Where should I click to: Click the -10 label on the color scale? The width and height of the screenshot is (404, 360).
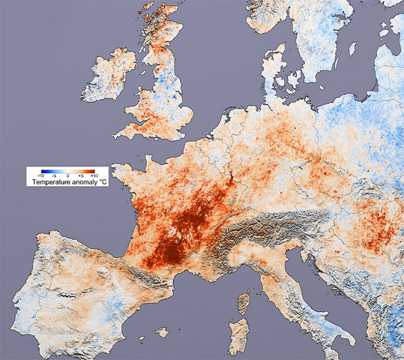[x=41, y=175]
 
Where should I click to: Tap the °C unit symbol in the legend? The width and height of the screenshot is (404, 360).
[x=103, y=182]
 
